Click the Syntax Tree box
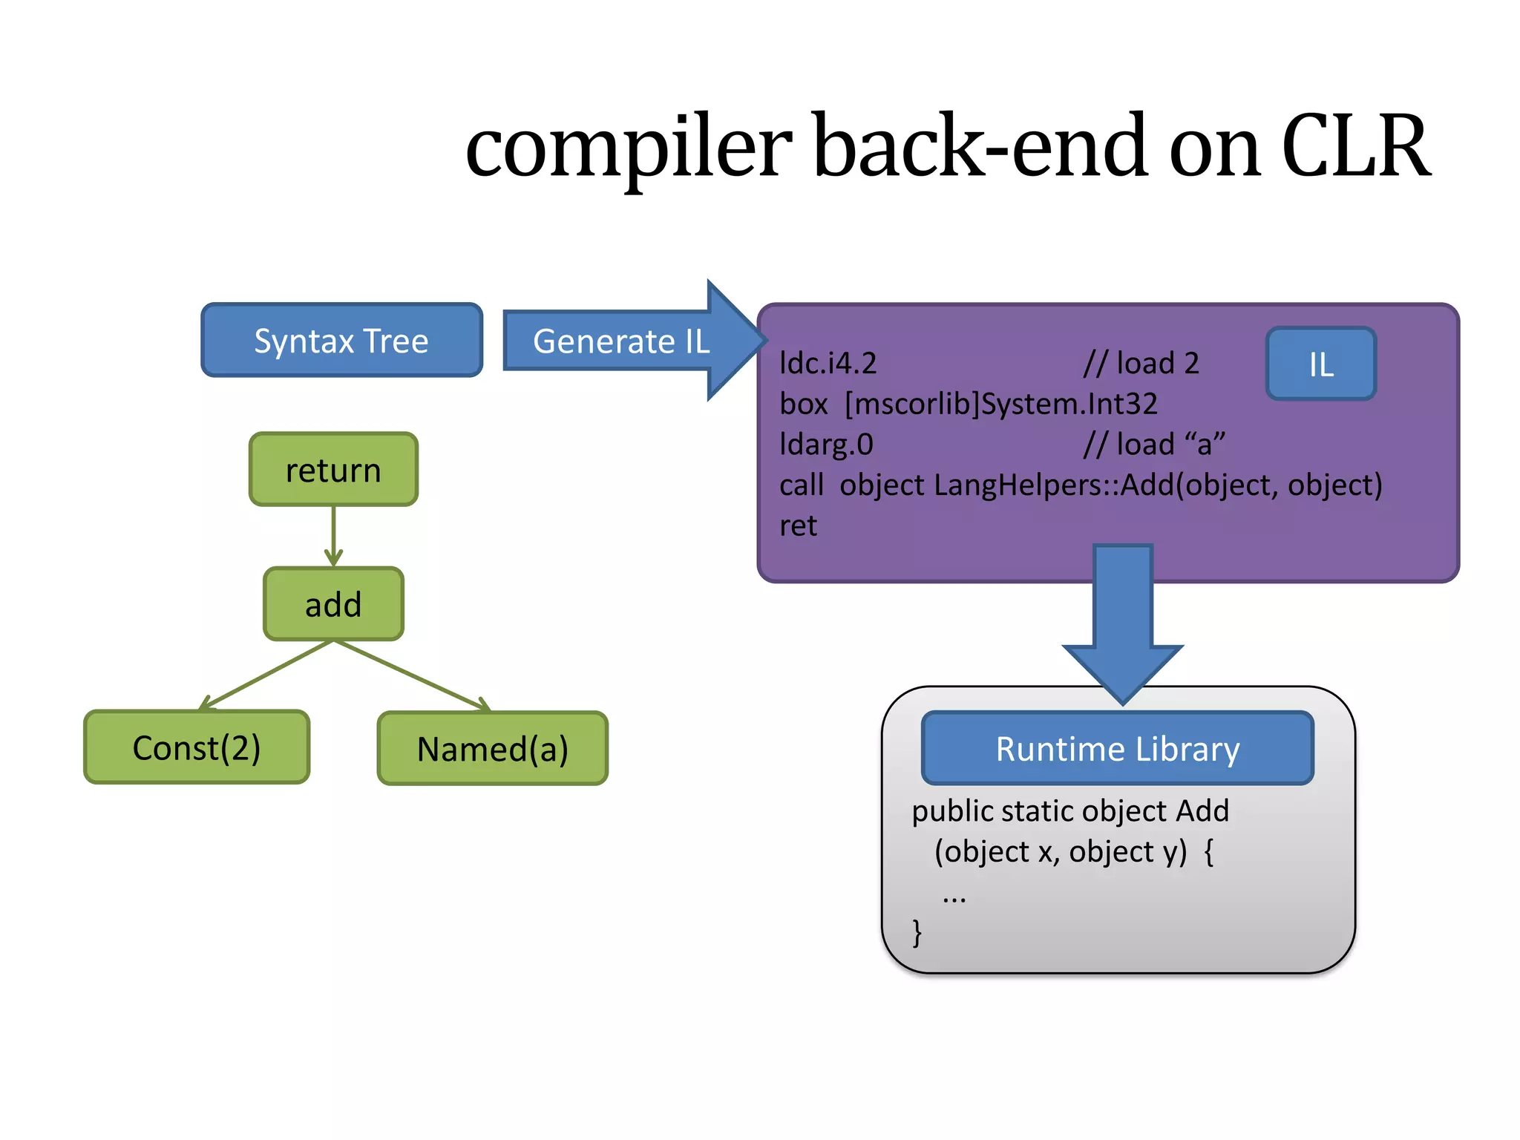[x=341, y=341]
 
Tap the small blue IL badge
[x=1321, y=364]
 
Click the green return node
[x=333, y=470]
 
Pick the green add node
[x=333, y=604]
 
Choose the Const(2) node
[x=197, y=747]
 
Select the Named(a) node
[x=493, y=749]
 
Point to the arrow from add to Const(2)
[x=267, y=674]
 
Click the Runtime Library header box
[x=1118, y=749]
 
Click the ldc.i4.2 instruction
[x=828, y=364]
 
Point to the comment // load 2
[x=1141, y=364]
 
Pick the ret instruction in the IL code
[x=798, y=526]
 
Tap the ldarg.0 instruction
[x=826, y=445]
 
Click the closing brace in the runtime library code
[x=918, y=933]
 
